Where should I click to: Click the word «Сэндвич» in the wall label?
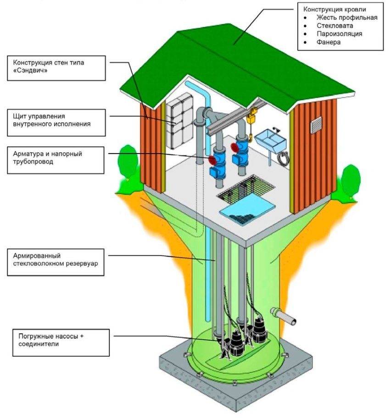click(31, 72)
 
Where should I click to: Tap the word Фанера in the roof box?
click(328, 42)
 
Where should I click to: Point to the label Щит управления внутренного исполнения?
click(51, 120)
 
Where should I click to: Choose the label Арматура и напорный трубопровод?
click(48, 158)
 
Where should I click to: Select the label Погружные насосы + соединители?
click(51, 340)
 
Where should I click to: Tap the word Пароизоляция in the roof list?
click(339, 34)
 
